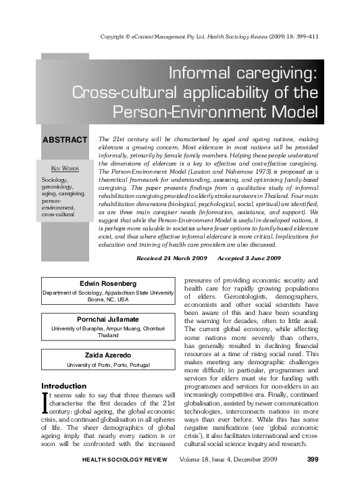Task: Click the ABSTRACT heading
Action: tap(65, 140)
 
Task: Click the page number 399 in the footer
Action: tap(312, 479)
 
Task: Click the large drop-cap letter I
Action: tap(45, 403)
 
